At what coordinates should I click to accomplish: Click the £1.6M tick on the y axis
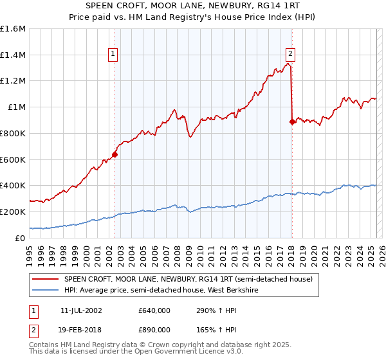14,29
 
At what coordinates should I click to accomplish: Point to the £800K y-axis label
13,133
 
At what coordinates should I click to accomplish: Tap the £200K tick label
13,212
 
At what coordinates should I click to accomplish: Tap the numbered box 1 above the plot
113,55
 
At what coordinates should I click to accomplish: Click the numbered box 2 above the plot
291,55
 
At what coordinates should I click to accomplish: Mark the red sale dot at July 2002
115,154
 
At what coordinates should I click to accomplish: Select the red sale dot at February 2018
292,121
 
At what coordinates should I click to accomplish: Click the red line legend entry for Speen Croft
188,279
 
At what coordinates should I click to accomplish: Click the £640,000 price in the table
154,310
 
